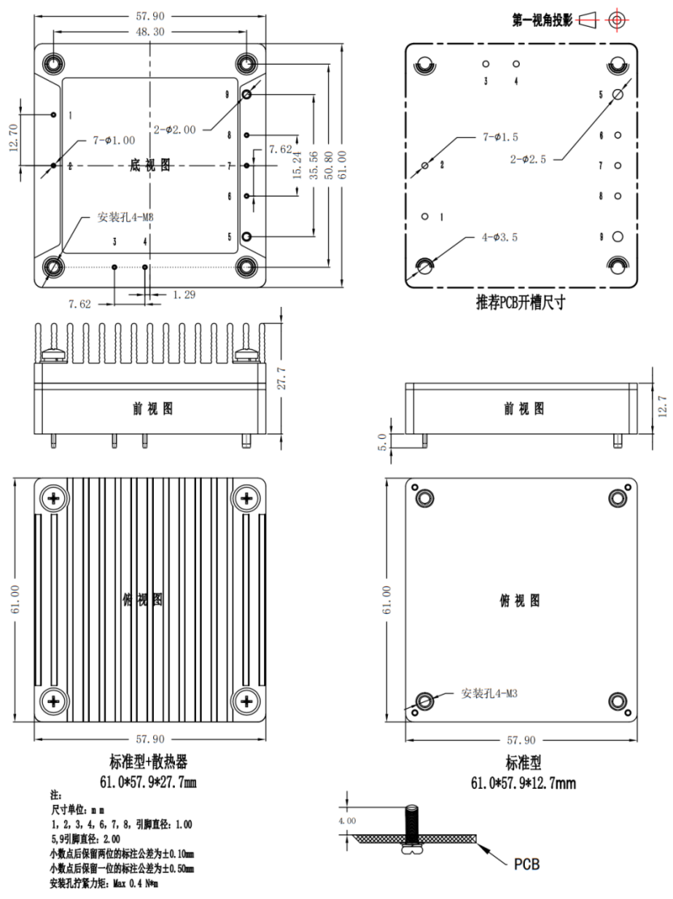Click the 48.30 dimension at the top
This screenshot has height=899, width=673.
(149, 31)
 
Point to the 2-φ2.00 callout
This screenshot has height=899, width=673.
(174, 129)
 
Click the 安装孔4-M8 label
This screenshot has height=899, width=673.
(126, 217)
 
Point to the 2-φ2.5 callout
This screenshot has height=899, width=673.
(528, 160)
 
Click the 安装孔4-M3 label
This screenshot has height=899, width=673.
(490, 693)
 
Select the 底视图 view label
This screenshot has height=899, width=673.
(150, 165)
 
